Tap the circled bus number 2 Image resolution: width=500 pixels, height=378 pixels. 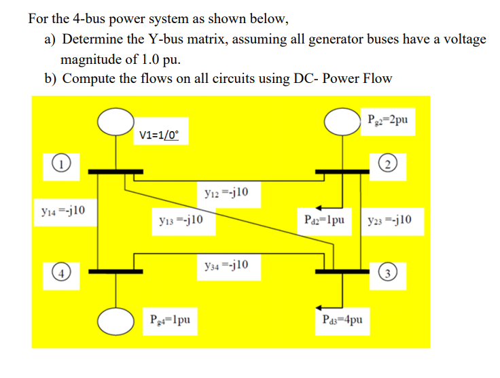click(389, 164)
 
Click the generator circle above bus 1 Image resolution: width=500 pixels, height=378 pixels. click(115, 122)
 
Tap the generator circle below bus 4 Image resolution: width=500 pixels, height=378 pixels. click(115, 317)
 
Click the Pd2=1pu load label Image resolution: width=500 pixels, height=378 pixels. click(331, 220)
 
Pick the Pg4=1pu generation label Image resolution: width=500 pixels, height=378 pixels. click(173, 318)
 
